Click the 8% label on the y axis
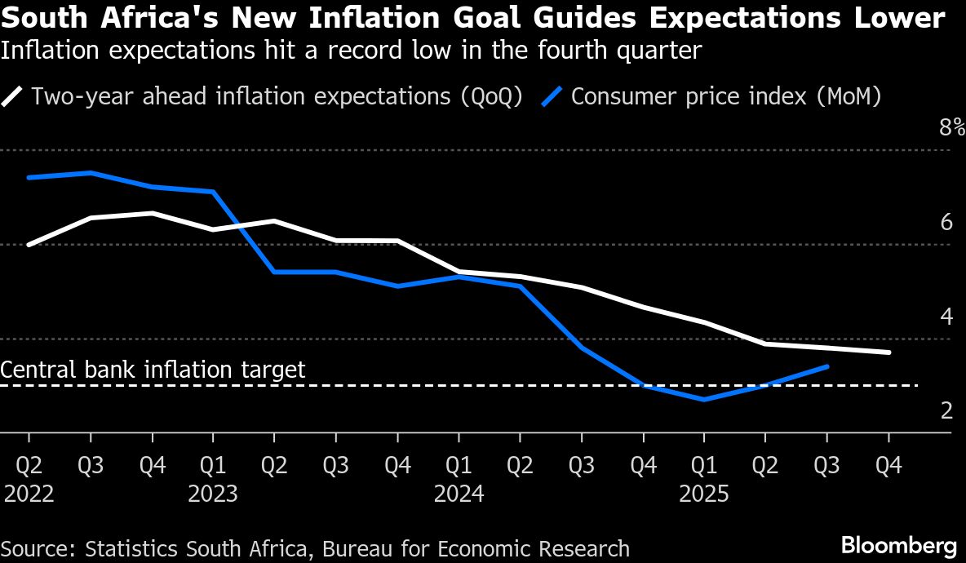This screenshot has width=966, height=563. click(x=952, y=127)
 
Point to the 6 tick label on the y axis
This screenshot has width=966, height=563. click(x=946, y=222)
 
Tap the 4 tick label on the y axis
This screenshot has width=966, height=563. click(x=946, y=316)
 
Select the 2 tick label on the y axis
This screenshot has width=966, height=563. click(x=946, y=410)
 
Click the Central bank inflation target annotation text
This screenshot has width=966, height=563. click(x=153, y=370)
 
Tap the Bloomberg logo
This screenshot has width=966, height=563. click(x=898, y=545)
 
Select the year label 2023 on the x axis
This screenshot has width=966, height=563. click(x=213, y=494)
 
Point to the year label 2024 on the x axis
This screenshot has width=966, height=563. click(x=459, y=494)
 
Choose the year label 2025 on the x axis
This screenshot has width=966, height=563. click(x=704, y=494)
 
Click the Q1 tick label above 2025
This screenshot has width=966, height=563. click(x=704, y=465)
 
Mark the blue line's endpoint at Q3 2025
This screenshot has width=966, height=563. click(x=827, y=366)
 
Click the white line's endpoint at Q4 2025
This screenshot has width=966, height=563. click(x=888, y=352)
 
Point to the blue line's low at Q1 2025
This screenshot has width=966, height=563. click(x=703, y=400)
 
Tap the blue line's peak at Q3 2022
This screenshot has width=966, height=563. click(x=90, y=172)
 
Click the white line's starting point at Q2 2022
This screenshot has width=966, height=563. click(x=29, y=244)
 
